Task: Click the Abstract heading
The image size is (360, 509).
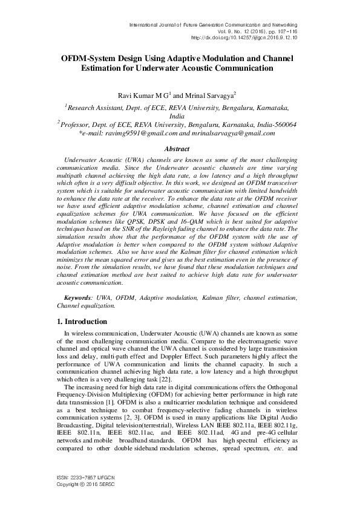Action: pyautogui.click(x=180, y=148)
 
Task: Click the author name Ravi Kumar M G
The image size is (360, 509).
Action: pyautogui.click(x=143, y=96)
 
